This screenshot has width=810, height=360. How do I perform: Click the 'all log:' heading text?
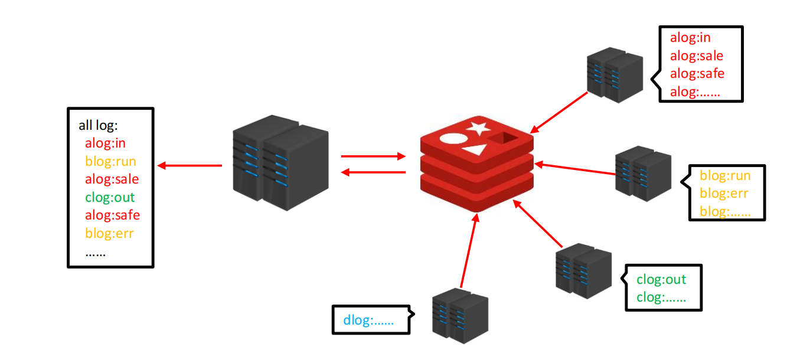[99, 125]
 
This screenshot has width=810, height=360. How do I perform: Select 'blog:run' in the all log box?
[110, 161]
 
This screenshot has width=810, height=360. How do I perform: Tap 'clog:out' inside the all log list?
[110, 197]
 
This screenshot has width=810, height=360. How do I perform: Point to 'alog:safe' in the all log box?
[112, 215]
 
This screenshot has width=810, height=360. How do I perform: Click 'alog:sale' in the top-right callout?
[697, 55]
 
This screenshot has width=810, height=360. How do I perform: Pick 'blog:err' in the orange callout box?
[724, 193]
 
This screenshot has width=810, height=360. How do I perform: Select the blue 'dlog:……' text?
[368, 321]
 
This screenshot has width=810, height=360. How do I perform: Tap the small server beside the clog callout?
[583, 269]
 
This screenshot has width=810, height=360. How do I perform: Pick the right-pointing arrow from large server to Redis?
[373, 157]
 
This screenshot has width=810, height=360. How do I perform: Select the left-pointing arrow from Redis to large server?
[373, 172]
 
